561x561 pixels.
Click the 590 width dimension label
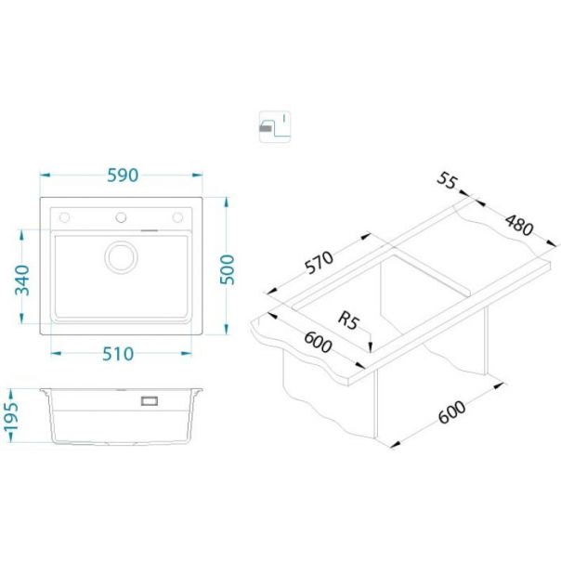pos(123,176)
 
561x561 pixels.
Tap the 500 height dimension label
pos(228,269)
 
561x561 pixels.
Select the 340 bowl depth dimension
pos(22,280)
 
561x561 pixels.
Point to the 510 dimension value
pos(118,354)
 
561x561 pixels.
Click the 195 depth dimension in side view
pos(11,416)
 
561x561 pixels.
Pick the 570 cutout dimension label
pos(319,262)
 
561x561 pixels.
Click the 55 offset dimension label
pos(447,180)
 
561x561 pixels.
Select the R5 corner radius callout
pos(347,320)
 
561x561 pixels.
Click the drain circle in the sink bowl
pos(121,257)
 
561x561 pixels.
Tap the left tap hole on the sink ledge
pos(64,217)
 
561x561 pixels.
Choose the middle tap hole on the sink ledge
pos(121,217)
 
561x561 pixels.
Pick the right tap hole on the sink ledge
pos(177,217)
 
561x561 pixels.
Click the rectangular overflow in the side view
pos(150,400)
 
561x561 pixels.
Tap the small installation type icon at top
pos(274,126)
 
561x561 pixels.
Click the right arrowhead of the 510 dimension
pos(187,354)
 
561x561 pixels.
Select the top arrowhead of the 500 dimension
pos(226,202)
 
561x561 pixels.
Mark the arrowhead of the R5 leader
pos(371,347)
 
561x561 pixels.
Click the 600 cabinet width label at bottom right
pos(452,411)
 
